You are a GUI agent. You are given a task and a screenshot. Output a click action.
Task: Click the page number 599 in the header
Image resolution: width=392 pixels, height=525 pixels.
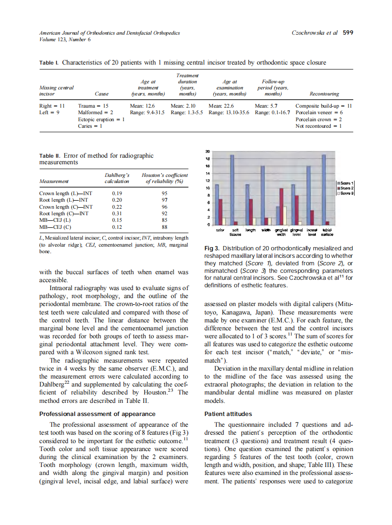pos(348,33)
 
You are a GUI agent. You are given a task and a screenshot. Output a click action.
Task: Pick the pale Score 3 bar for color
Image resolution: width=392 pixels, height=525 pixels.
pos(224,221)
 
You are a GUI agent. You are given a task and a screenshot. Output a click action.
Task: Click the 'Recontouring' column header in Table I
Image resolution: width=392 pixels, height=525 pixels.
pos(321,94)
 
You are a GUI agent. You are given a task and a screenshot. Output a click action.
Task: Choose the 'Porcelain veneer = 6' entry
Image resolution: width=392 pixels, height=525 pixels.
pos(319,113)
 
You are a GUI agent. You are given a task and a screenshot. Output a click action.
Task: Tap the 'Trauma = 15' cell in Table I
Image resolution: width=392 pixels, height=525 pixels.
pos(94,106)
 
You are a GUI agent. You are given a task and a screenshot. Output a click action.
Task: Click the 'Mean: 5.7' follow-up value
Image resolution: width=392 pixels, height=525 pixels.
pos(267,106)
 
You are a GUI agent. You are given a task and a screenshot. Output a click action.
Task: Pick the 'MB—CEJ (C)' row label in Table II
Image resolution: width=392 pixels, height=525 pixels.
pos(55,227)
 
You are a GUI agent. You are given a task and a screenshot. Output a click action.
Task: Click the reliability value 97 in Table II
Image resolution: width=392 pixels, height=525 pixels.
pos(164,200)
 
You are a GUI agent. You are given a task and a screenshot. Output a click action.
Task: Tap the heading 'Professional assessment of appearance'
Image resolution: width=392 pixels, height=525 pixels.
pos(97,414)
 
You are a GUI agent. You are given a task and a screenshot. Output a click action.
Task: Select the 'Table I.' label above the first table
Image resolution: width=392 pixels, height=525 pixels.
pos(49,63)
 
